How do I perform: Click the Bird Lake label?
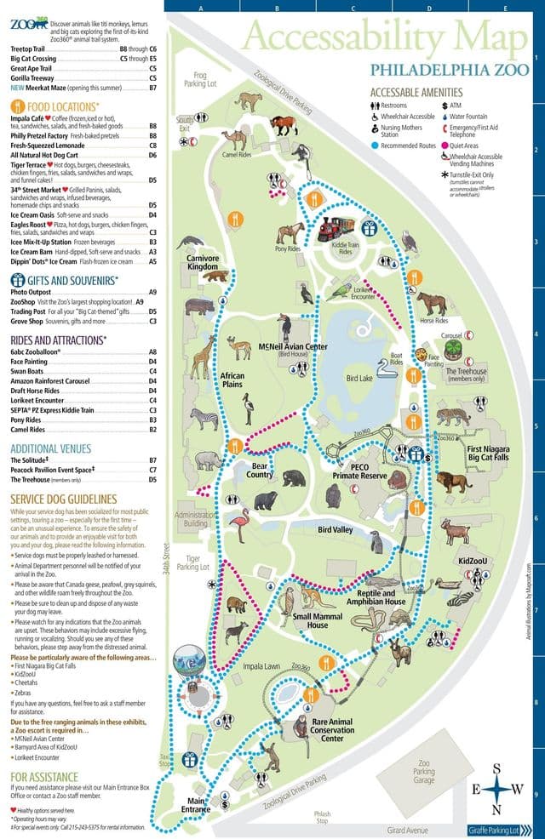click(x=360, y=377)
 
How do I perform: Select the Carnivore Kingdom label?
click(x=204, y=263)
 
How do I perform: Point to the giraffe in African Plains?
click(x=202, y=356)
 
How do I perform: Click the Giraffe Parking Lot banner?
click(x=503, y=830)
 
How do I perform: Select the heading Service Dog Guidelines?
click(x=64, y=498)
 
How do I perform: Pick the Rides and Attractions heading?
click(x=58, y=340)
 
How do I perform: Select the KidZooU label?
click(x=472, y=562)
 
